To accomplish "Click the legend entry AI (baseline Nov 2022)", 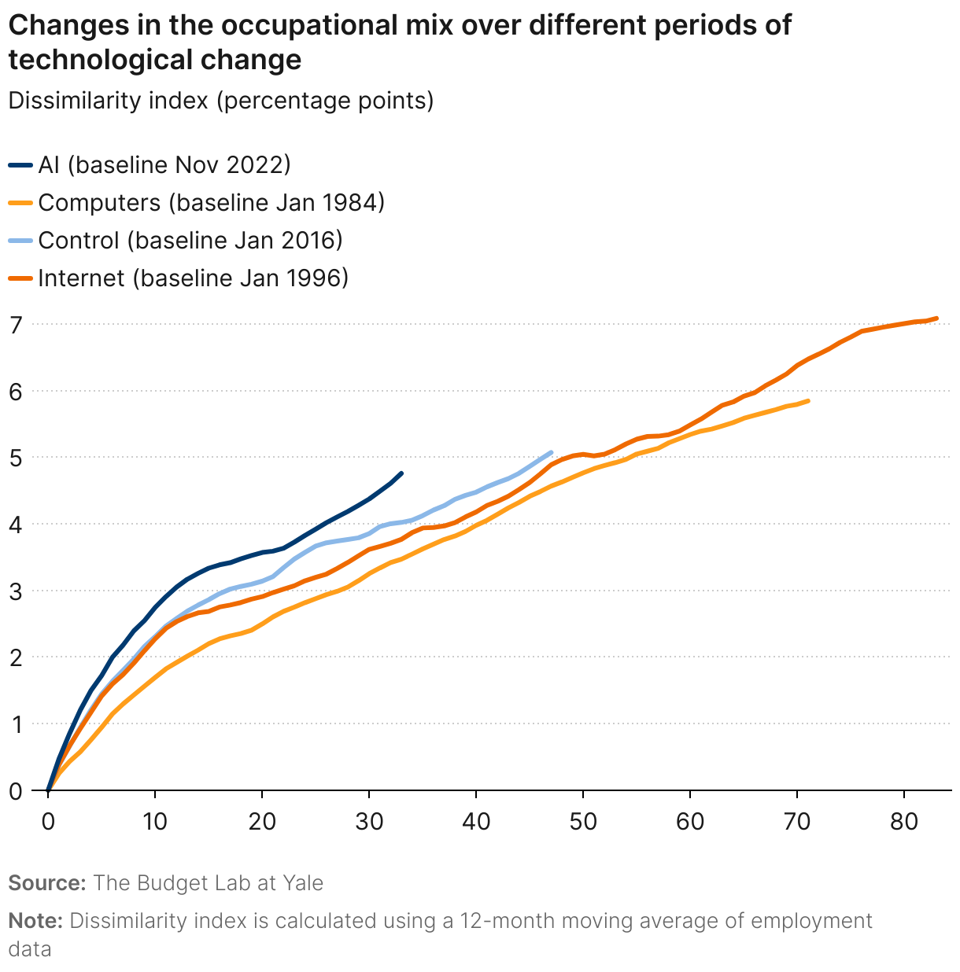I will point(164,165).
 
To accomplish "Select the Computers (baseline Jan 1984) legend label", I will point(211,203).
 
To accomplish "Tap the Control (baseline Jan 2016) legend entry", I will point(190,241).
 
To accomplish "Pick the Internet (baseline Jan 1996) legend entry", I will point(193,278).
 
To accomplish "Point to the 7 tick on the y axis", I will point(15,325).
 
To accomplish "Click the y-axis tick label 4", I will point(15,525).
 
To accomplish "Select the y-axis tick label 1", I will point(15,724).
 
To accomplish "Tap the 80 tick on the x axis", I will point(904,823).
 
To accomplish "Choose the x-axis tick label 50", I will point(583,823).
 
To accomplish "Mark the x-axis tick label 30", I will point(369,823).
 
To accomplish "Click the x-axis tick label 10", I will point(155,823).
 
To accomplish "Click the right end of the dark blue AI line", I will point(401,473).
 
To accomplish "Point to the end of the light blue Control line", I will point(551,452).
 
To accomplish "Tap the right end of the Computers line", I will point(807,401).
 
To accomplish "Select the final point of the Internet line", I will point(936,318).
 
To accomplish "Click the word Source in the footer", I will point(46,883).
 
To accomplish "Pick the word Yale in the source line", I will point(304,883).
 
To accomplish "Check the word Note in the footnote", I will point(35,921).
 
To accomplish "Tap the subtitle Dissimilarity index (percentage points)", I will point(221,101).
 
